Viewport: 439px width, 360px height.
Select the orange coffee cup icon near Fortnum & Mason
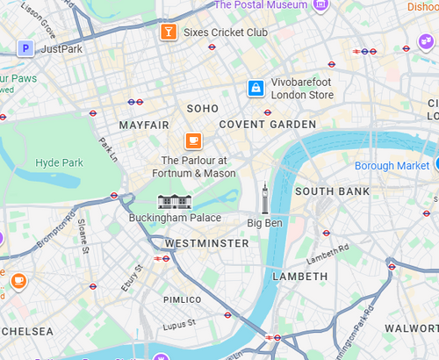tap(193, 140)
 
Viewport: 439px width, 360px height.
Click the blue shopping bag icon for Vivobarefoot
tap(255, 88)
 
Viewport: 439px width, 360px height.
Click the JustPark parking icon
tap(25, 48)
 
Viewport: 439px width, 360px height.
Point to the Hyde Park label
tap(59, 163)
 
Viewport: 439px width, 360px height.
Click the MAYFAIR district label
tap(143, 126)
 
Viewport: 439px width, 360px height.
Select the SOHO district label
tap(202, 108)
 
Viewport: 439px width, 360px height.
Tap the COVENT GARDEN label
tap(267, 125)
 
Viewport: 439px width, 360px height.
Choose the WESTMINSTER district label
tap(206, 242)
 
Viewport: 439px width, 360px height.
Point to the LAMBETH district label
tap(299, 276)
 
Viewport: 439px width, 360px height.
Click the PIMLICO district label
tap(183, 299)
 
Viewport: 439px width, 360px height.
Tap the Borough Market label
tap(392, 165)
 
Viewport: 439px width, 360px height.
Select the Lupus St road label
tap(180, 325)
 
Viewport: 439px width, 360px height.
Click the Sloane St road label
tap(84, 237)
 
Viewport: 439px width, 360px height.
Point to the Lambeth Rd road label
tap(327, 254)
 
